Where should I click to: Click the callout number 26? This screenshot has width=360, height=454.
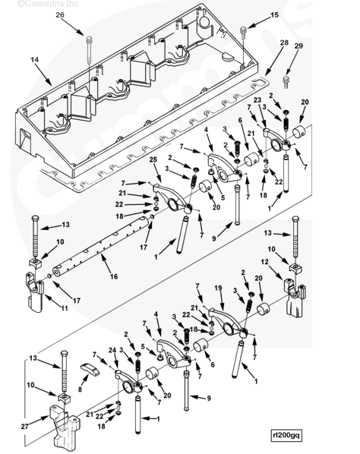pyautogui.click(x=60, y=14)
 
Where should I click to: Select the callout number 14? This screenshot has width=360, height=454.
pyautogui.click(x=34, y=60)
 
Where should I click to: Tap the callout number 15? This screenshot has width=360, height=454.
pyautogui.click(x=274, y=14)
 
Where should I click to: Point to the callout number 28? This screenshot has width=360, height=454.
pyautogui.click(x=284, y=43)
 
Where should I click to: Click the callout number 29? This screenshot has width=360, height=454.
pyautogui.click(x=298, y=46)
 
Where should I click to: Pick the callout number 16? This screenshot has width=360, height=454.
pyautogui.click(x=114, y=276)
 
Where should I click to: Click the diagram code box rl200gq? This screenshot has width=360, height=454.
pyautogui.click(x=286, y=434)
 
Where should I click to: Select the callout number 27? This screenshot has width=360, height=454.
pyautogui.click(x=25, y=426)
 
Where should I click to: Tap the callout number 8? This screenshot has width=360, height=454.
pyautogui.click(x=80, y=389)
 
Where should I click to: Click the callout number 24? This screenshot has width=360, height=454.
pyautogui.click(x=112, y=350)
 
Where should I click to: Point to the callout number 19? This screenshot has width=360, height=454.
pyautogui.click(x=218, y=288)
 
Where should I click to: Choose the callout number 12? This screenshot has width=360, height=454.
pyautogui.click(x=264, y=262)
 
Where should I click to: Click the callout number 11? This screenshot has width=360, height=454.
pyautogui.click(x=64, y=308)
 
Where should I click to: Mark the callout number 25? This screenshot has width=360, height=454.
pyautogui.click(x=153, y=159)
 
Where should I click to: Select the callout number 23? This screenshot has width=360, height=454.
pyautogui.click(x=257, y=100)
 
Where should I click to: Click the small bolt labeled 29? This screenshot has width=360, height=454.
pyautogui.click(x=286, y=81)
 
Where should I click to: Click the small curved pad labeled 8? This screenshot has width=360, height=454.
pyautogui.click(x=90, y=368)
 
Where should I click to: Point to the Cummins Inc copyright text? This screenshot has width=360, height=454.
pyautogui.click(x=48, y=4)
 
